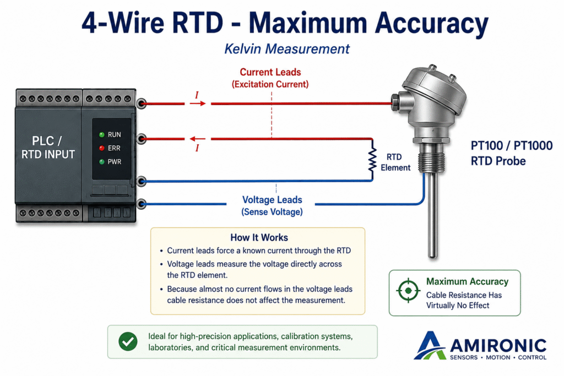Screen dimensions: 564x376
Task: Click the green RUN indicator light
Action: coord(102,134)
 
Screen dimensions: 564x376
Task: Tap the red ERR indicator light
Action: coord(102,148)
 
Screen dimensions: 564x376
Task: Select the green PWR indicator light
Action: coord(102,162)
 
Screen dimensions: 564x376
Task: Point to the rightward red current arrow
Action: coord(198,103)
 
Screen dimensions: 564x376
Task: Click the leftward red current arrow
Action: coord(198,139)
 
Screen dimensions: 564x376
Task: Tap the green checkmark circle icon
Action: coord(128,341)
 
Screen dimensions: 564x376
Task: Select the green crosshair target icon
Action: coord(408,290)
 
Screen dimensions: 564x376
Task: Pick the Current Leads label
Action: coord(270,72)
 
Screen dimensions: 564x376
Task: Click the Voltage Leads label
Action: coord(272,200)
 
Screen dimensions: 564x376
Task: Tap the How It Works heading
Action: coord(259,238)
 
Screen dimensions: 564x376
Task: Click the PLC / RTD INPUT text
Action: coord(48,148)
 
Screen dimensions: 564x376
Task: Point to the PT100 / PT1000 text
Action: coord(512,145)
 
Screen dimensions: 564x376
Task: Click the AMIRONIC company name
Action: coord(498,346)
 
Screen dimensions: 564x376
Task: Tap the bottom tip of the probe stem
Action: coord(433,257)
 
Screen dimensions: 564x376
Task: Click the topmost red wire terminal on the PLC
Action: coord(142,103)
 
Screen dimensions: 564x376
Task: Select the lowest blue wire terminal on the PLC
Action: coord(142,204)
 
